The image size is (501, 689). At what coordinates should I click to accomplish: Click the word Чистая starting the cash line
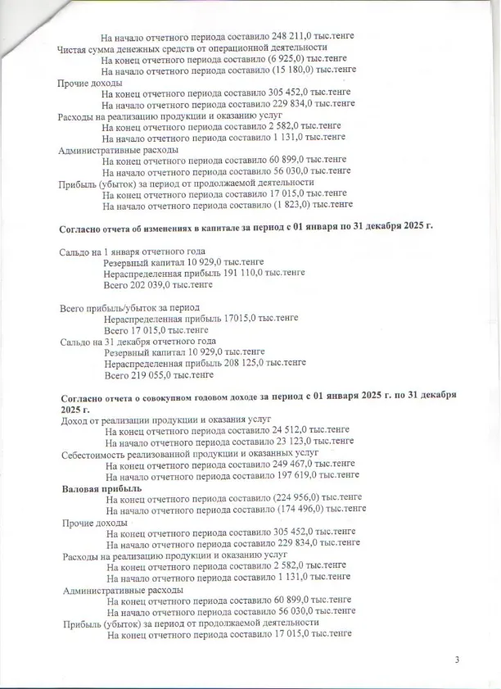click(72, 49)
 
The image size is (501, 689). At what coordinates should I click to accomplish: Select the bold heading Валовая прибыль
click(102, 488)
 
